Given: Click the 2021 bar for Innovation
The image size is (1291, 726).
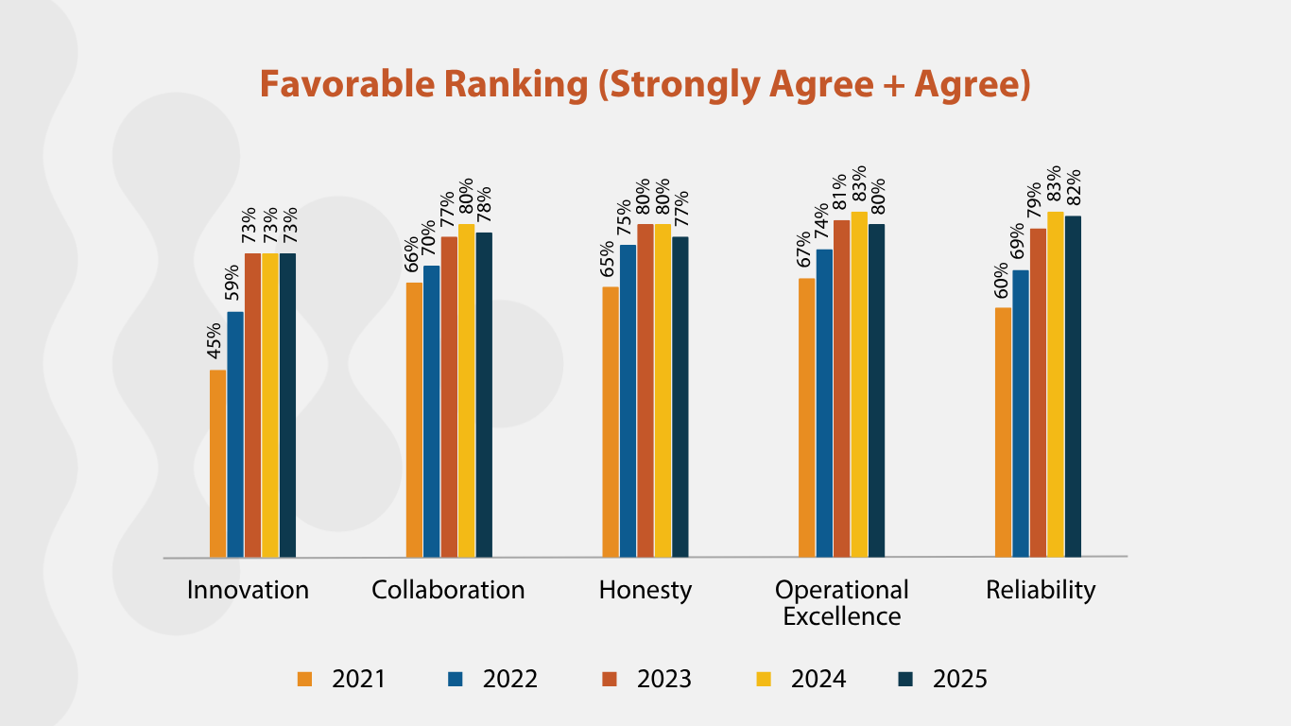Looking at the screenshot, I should pyautogui.click(x=218, y=463).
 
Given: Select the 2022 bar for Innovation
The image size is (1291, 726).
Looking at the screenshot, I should pyautogui.click(x=235, y=435).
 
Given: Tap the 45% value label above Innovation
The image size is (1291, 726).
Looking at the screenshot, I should pyautogui.click(x=215, y=341).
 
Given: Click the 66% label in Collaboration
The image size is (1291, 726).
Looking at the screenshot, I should pyautogui.click(x=412, y=253).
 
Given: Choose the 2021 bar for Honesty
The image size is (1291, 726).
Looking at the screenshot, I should pyautogui.click(x=611, y=422).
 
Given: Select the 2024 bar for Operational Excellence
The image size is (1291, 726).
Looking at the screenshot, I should pyautogui.click(x=858, y=384).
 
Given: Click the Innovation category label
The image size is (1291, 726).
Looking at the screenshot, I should pyautogui.click(x=248, y=591).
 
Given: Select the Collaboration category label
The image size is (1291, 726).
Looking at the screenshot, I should pyautogui.click(x=448, y=591).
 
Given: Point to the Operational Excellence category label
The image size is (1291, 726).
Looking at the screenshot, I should pyautogui.click(x=841, y=603).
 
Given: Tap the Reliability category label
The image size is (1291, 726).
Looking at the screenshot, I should pyautogui.click(x=1041, y=591).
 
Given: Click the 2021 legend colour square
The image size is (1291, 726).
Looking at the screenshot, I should pyautogui.click(x=304, y=679).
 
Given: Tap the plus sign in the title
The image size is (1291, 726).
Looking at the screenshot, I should pyautogui.click(x=883, y=85).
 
